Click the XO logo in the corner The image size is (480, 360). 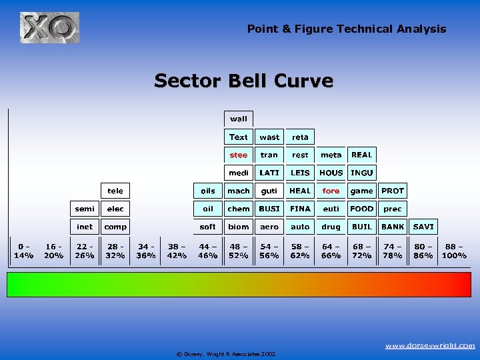(49, 27)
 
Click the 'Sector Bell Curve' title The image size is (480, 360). (243, 81)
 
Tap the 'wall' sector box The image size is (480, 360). (239, 119)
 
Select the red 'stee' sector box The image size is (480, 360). (239, 155)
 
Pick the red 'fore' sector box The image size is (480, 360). (331, 191)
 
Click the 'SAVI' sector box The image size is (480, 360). (423, 227)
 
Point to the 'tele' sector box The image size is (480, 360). (115, 191)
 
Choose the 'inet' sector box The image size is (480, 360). (85, 227)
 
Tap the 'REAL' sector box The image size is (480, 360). (362, 155)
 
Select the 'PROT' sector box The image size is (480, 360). (393, 191)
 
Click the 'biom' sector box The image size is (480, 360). (239, 227)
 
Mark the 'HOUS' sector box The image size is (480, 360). (331, 173)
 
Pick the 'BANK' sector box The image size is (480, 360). (393, 227)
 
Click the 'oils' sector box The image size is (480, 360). (208, 191)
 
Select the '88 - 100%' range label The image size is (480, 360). (454, 251)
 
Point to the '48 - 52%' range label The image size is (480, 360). (239, 251)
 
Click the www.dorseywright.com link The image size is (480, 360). (430, 345)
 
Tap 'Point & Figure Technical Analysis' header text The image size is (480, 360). (347, 29)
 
